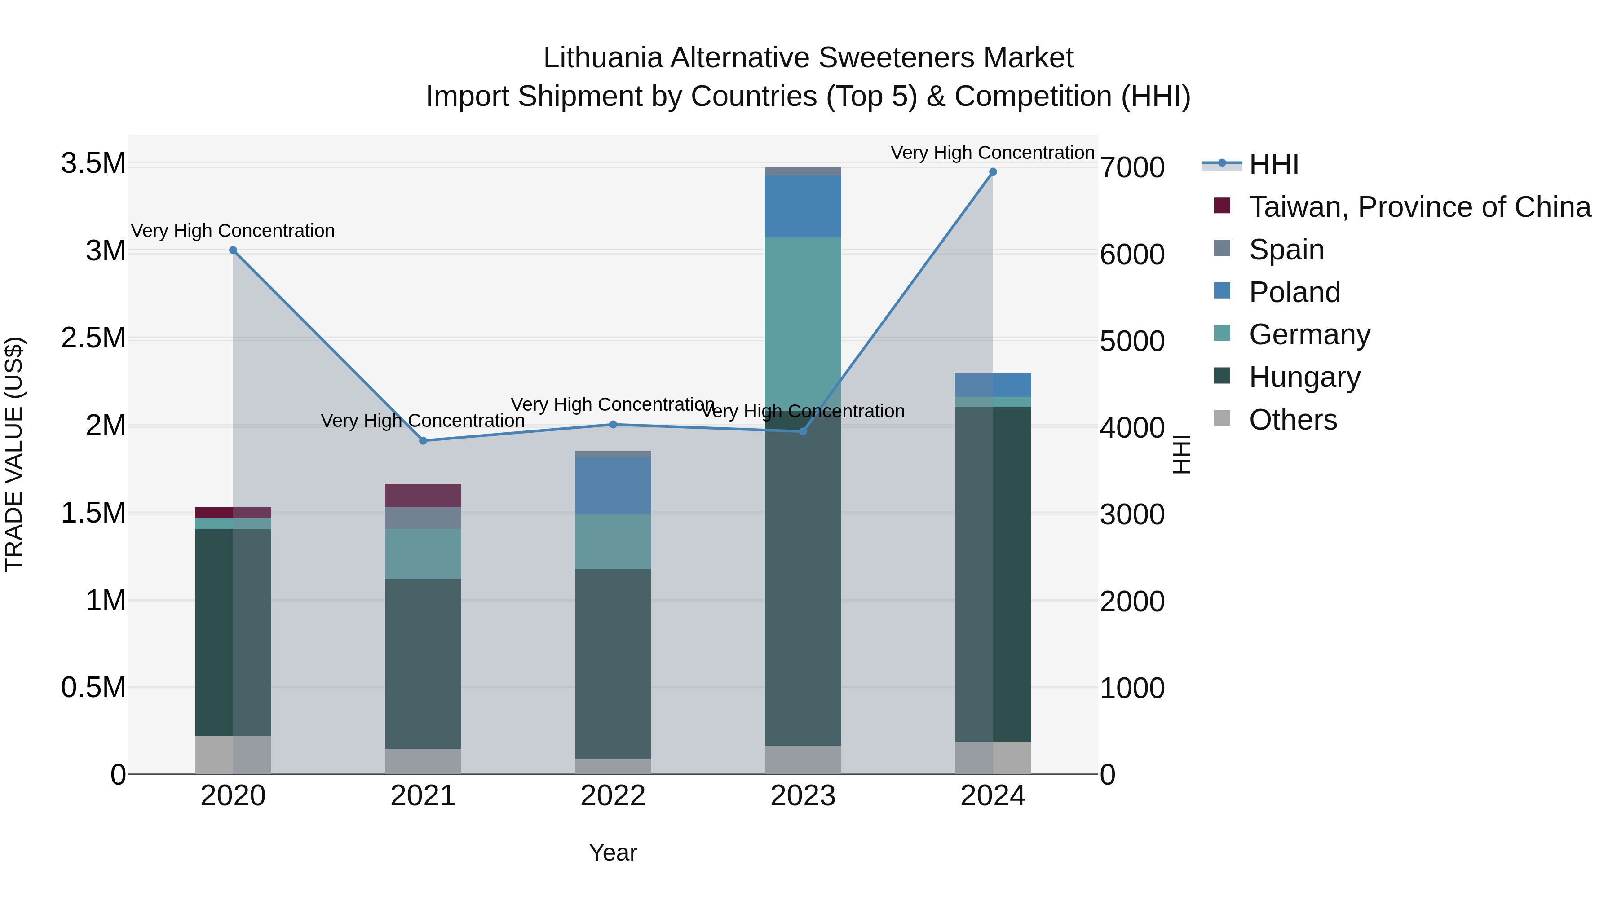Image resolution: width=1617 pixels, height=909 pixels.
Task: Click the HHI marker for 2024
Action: (992, 172)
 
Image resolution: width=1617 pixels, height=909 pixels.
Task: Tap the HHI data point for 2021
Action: (423, 441)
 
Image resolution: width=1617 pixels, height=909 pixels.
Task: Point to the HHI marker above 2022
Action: (613, 425)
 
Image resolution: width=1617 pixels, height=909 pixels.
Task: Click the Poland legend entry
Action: (1294, 292)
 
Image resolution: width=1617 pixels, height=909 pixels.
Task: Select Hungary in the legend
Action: (1304, 377)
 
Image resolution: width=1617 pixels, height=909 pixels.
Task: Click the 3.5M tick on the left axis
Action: (93, 164)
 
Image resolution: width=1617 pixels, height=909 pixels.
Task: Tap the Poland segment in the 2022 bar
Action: (613, 486)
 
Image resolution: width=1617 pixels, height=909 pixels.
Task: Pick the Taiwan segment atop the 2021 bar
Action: (423, 496)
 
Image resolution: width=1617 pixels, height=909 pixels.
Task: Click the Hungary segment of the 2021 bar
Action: (423, 663)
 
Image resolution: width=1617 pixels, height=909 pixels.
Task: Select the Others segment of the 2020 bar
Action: (233, 755)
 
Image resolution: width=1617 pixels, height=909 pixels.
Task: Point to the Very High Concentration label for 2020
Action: (233, 231)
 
